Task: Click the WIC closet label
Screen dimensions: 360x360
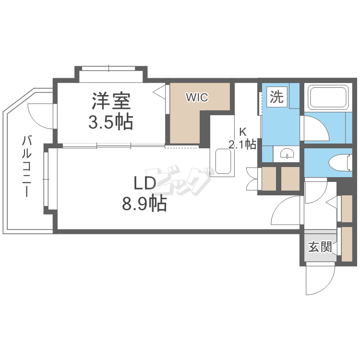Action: click(197, 97)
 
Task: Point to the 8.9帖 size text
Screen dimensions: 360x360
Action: click(144, 204)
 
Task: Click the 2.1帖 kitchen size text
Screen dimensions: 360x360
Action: click(242, 144)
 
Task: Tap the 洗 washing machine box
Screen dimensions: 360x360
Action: click(276, 97)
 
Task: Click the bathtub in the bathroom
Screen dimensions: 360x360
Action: click(328, 98)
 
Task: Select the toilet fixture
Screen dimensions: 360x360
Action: click(339, 162)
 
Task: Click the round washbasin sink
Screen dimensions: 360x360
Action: click(286, 154)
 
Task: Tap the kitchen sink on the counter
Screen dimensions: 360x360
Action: click(224, 162)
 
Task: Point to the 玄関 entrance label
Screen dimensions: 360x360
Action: click(320, 247)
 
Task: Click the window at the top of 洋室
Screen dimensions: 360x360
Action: click(110, 68)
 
